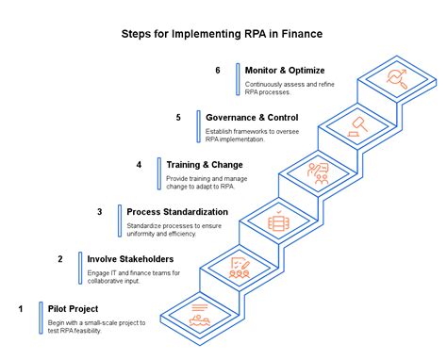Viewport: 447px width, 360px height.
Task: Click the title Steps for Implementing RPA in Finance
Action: (222, 34)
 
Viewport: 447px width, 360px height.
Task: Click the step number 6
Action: (218, 71)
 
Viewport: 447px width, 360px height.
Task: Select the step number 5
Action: (178, 117)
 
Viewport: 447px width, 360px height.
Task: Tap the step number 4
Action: (139, 165)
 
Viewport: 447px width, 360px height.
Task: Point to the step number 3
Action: (99, 212)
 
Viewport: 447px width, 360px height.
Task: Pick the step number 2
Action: (59, 259)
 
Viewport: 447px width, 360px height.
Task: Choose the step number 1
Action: (20, 307)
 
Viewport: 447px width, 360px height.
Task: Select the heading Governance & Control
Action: (253, 117)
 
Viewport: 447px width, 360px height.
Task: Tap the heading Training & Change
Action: (205, 165)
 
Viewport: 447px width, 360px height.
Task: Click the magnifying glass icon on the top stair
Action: (396, 77)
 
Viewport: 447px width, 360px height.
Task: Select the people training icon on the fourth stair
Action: (318, 173)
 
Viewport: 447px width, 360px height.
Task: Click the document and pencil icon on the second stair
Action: (239, 268)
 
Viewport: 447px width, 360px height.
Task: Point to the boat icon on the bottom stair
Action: (199, 315)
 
